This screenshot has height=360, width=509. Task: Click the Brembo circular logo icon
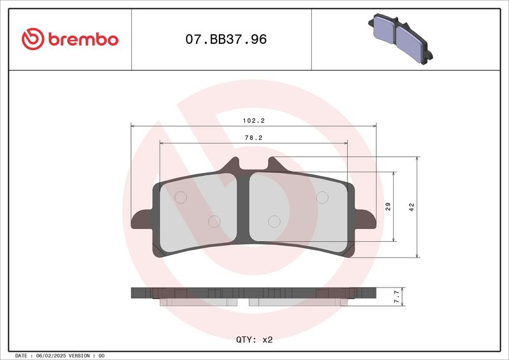point(33,39)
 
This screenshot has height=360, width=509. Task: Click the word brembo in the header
point(83,39)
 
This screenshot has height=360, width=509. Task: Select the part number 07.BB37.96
point(226,39)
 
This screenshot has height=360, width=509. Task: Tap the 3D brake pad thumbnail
point(400,39)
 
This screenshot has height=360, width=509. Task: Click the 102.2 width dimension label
point(253,121)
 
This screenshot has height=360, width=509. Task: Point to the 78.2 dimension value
point(253,138)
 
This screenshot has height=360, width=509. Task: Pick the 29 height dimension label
point(388,207)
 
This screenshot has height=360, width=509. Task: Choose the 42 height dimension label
point(411,207)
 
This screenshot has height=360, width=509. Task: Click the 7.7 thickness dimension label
point(396,296)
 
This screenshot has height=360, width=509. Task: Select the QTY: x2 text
point(254,340)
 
